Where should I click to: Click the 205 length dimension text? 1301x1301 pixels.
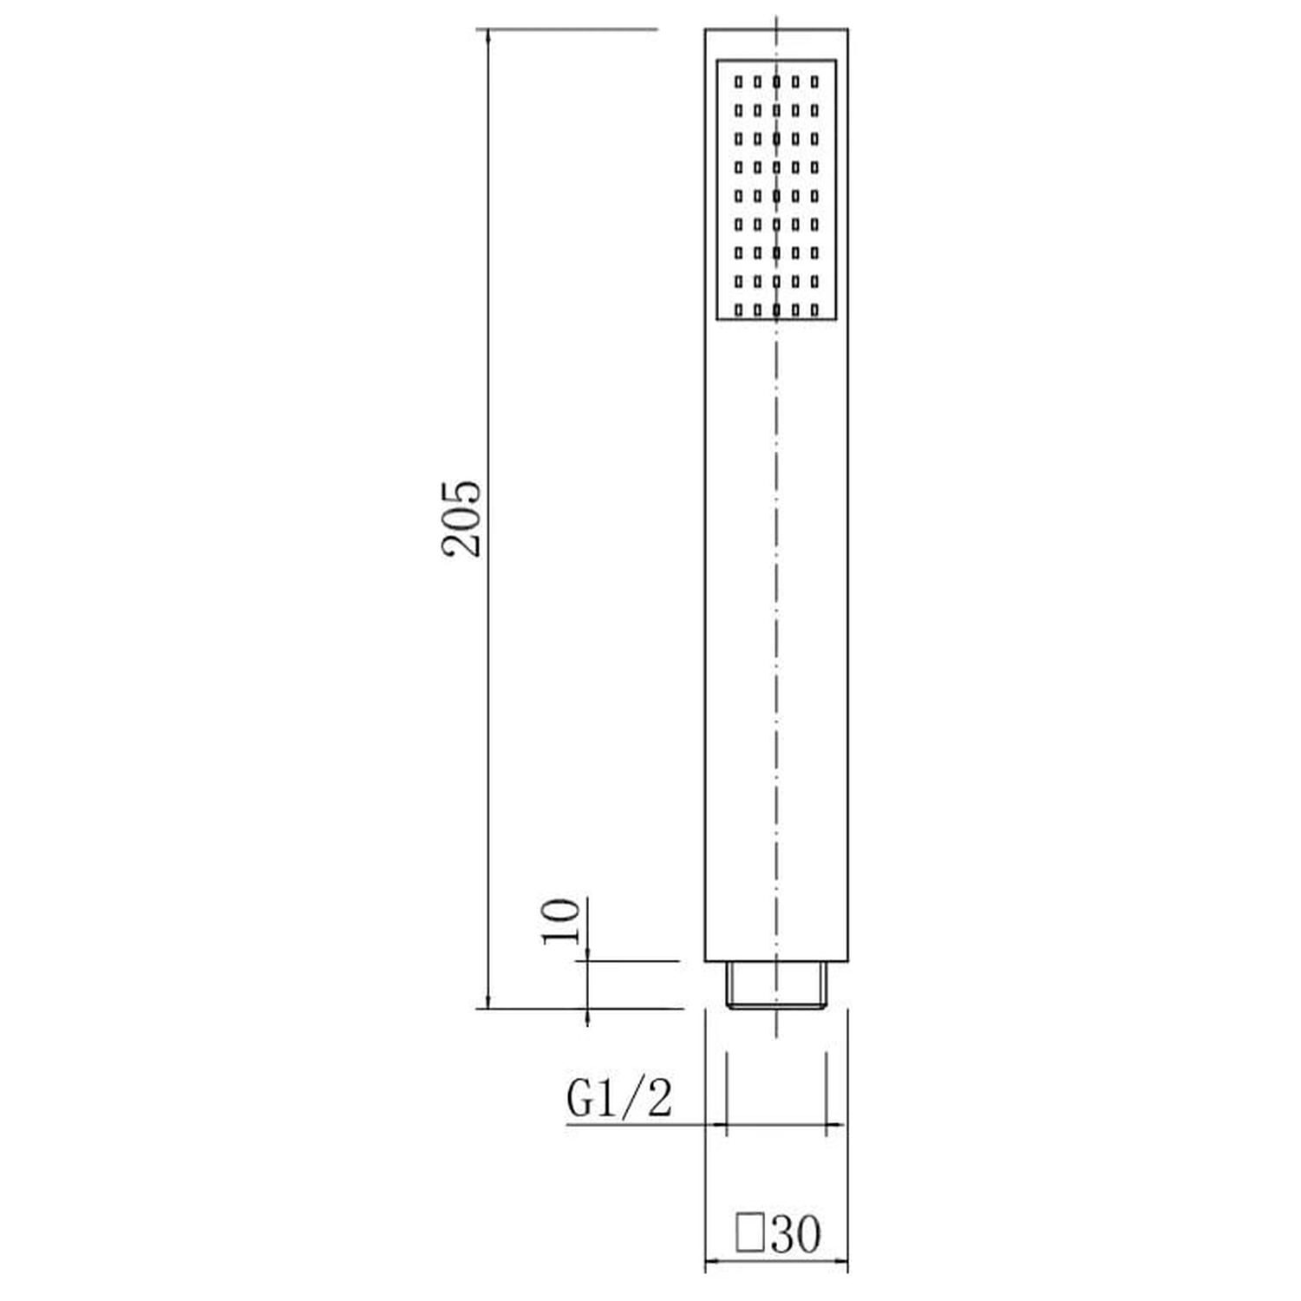coord(461,517)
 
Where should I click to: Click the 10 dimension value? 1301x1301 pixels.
coord(560,921)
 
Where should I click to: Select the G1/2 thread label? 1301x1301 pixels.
coord(619,1099)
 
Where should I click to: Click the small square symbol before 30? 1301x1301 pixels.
coord(749,1233)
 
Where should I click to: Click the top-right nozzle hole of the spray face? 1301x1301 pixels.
coord(814,82)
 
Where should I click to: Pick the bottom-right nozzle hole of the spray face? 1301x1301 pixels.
coord(814,309)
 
